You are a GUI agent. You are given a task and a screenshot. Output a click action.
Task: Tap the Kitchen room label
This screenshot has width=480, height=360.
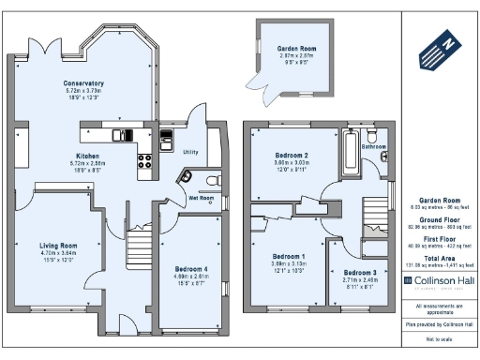click(88, 156)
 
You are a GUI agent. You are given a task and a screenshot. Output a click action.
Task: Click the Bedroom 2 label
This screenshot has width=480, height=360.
click(292, 155)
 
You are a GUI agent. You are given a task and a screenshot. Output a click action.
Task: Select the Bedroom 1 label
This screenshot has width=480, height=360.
click(288, 256)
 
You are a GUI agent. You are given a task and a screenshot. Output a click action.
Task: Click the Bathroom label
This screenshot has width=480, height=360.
click(375, 147)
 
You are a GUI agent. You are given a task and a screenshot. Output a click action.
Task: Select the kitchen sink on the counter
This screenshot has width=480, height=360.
click(123, 135)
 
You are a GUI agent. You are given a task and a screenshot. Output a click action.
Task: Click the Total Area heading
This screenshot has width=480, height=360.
click(438, 257)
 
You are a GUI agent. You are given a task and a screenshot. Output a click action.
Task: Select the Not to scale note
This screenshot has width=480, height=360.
click(438, 337)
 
